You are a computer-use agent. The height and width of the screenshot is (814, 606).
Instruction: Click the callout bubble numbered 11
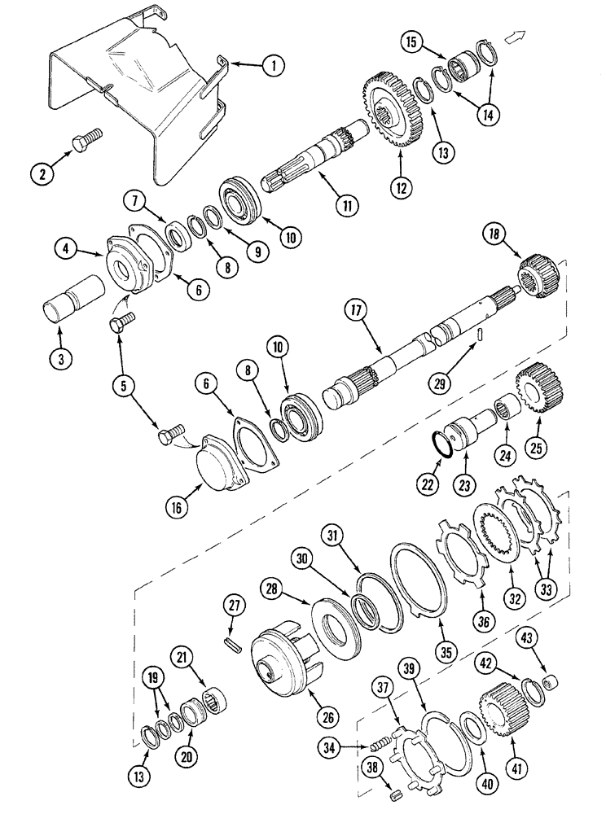coord(347,206)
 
